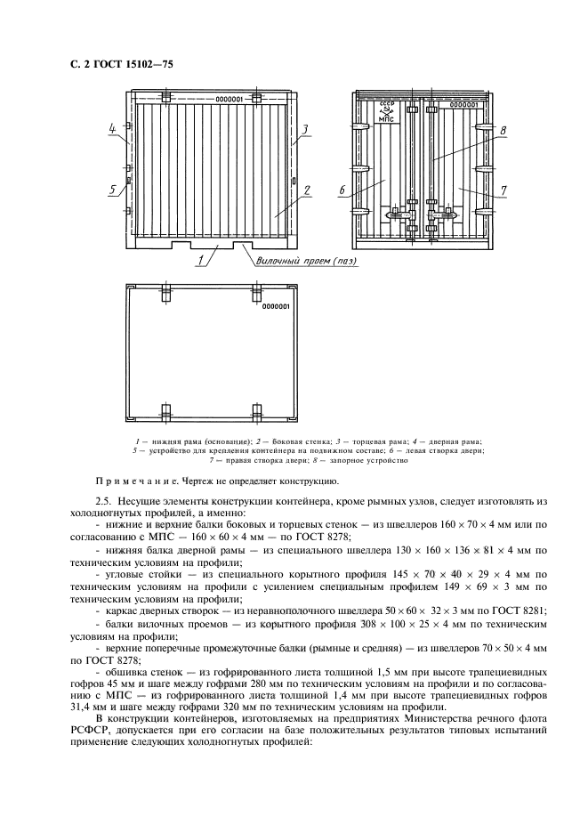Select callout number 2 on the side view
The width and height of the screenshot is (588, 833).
pyautogui.click(x=305, y=190)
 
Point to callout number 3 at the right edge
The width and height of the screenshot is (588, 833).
pyautogui.click(x=304, y=130)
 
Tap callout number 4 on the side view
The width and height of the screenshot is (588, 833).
pyautogui.click(x=113, y=130)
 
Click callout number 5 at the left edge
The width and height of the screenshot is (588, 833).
pyautogui.click(x=113, y=189)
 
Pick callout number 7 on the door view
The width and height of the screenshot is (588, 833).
pyautogui.click(x=503, y=190)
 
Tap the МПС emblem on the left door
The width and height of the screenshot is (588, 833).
pyautogui.click(x=386, y=113)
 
